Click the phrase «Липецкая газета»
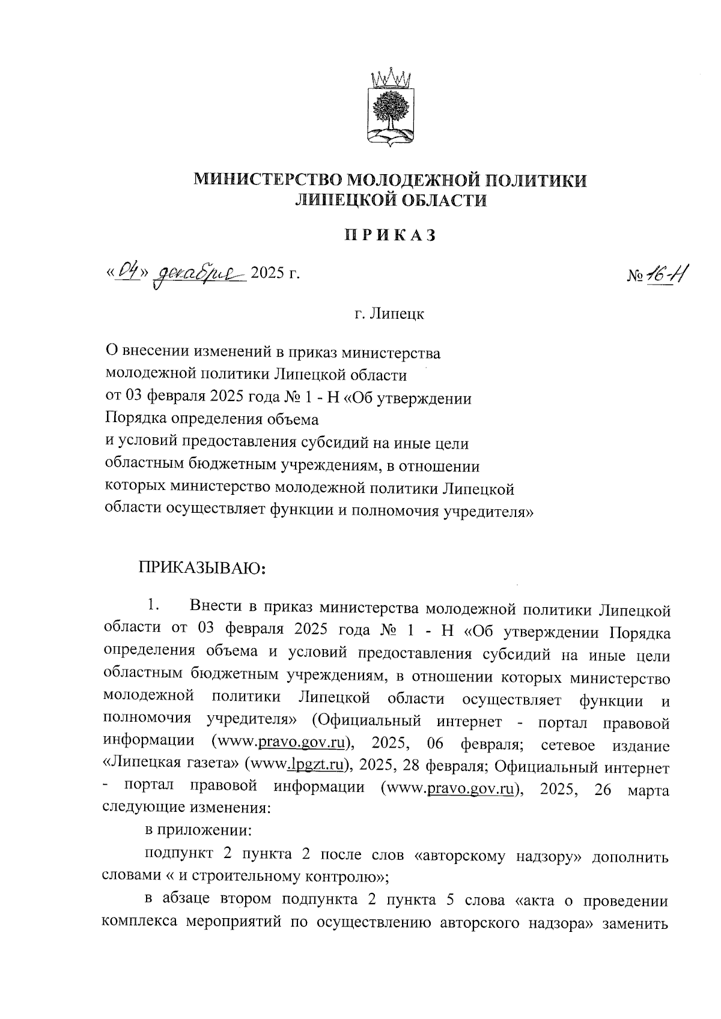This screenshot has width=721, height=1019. (x=172, y=767)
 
